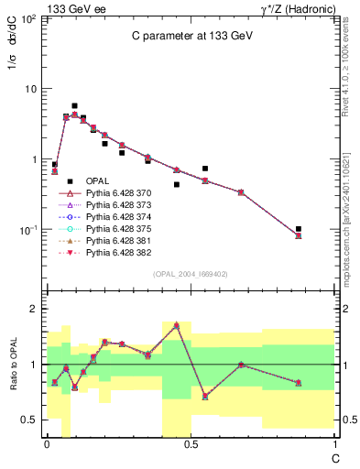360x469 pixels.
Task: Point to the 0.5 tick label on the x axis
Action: (x=190, y=445)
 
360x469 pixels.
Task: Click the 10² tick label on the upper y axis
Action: (x=29, y=18)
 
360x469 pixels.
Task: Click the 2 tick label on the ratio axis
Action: (x=34, y=310)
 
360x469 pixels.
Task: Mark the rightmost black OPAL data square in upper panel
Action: (x=299, y=229)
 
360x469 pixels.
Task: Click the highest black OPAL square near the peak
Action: (x=74, y=106)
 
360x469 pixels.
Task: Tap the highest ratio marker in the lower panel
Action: (x=176, y=325)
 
